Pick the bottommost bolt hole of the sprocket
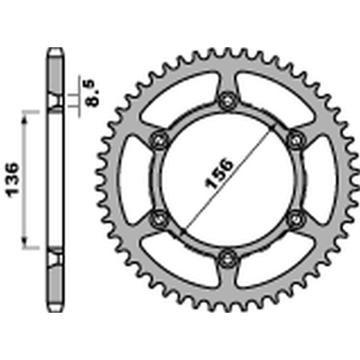(226, 258)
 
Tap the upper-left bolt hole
(158, 139)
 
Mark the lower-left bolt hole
(158, 218)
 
